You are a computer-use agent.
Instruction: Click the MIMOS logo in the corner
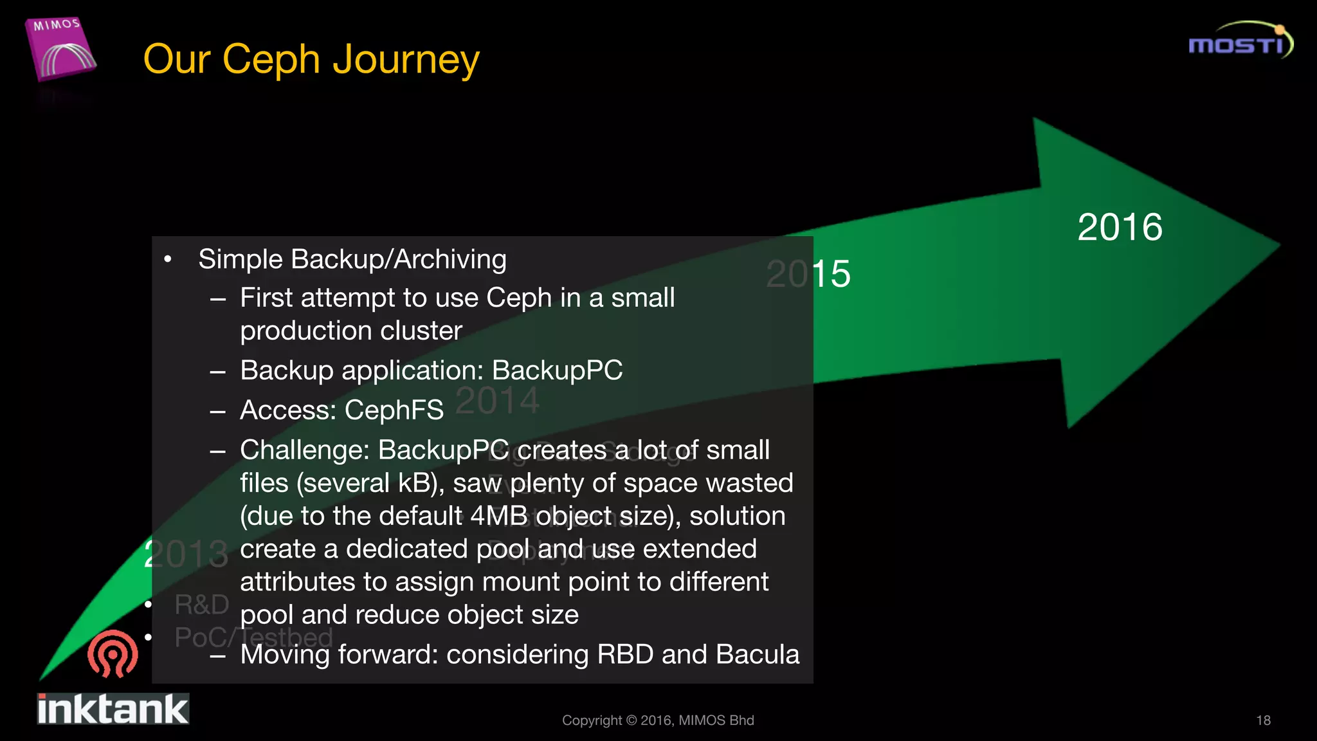61,50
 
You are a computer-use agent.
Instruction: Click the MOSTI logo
1240,42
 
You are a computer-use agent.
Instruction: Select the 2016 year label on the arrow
1120,227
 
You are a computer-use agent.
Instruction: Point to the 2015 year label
808,274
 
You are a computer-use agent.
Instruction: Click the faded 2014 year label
497,400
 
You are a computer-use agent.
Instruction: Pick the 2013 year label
186,554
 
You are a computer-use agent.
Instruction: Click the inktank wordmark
113,709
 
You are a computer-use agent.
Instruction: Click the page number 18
1263,720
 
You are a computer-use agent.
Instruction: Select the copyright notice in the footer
658,720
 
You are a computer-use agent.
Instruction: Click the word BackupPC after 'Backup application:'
557,370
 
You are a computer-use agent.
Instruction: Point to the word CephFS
394,410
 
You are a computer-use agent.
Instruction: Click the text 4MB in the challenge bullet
499,516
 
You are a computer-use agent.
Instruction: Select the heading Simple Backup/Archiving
352,259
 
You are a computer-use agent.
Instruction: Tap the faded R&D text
201,605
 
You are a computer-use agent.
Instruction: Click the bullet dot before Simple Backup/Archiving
168,260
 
